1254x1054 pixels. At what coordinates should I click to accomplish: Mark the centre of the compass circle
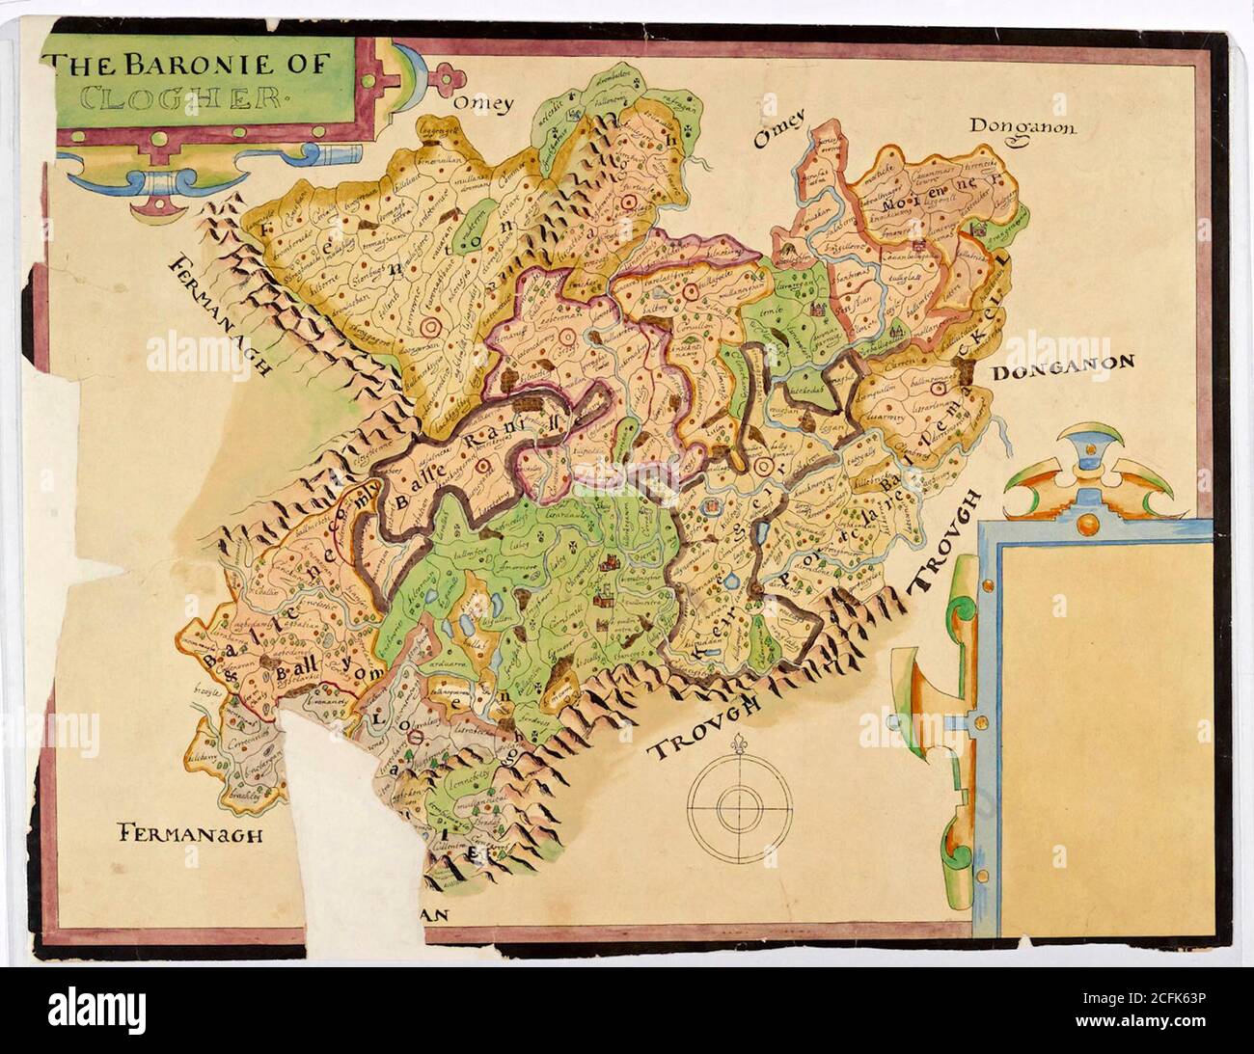coord(740,800)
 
